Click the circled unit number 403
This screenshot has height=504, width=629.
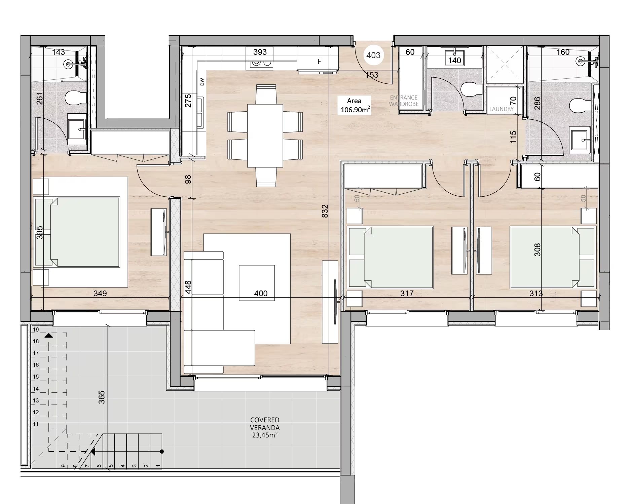pyautogui.click(x=373, y=55)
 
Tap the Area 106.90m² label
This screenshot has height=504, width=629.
pyautogui.click(x=355, y=105)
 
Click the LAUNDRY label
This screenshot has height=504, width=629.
pyautogui.click(x=501, y=109)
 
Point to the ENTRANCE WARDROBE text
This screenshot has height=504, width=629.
pyautogui.click(x=404, y=101)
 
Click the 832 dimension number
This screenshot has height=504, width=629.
pyautogui.click(x=325, y=211)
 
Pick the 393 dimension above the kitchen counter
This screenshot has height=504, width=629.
pyautogui.click(x=260, y=52)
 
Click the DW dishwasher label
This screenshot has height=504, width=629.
pyautogui.click(x=202, y=82)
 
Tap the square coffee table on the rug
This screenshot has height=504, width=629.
pyautogui.click(x=257, y=283)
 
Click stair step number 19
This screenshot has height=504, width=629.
pyautogui.click(x=36, y=330)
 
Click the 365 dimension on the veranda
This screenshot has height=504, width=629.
pyautogui.click(x=102, y=397)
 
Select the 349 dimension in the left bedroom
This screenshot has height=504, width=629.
pyautogui.click(x=100, y=294)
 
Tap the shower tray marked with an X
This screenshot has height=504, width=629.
pyautogui.click(x=505, y=64)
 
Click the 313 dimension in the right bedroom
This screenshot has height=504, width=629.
pyautogui.click(x=536, y=294)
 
